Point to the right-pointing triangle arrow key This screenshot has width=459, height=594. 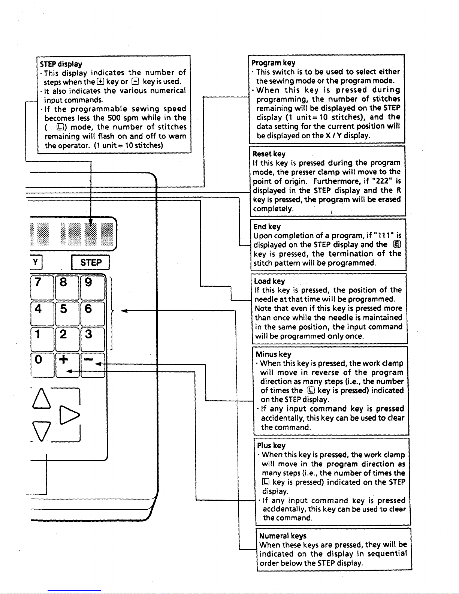coord(69,415)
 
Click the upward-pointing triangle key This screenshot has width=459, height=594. coord(42,398)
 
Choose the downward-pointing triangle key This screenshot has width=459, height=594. coord(42,431)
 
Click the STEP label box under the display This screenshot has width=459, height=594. coord(90,262)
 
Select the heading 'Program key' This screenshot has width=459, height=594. coord(274,63)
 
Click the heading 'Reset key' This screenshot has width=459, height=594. coord(269,154)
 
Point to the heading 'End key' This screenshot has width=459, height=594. coord(267,226)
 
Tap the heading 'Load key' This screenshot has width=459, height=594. coord(269,281)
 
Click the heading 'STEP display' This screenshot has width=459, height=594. coord(61,64)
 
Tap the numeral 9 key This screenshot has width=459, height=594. coord(92,287)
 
